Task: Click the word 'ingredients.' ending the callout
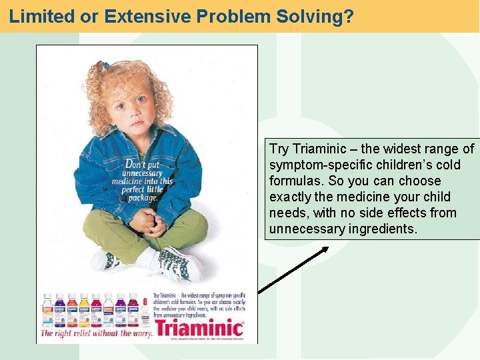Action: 384,229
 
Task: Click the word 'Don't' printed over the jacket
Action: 135,163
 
